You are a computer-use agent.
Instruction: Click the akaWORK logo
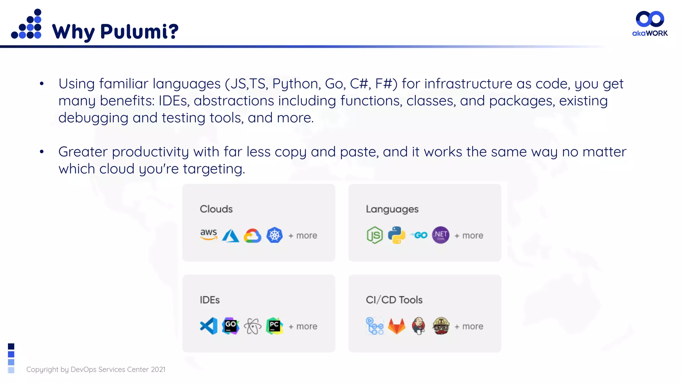pyautogui.click(x=650, y=23)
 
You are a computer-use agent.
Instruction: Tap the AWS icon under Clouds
pyautogui.click(x=208, y=235)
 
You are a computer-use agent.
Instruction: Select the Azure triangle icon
pyautogui.click(x=230, y=235)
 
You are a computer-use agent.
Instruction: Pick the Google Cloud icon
pyautogui.click(x=252, y=235)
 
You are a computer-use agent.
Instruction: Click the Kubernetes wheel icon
pyautogui.click(x=274, y=235)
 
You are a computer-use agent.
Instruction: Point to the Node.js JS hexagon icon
pyautogui.click(x=375, y=235)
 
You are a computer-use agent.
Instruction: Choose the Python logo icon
pyautogui.click(x=397, y=235)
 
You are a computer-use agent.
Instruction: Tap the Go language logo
pyautogui.click(x=419, y=235)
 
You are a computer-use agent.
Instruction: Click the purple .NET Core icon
pyautogui.click(x=441, y=235)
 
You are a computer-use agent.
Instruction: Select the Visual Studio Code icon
pyautogui.click(x=209, y=326)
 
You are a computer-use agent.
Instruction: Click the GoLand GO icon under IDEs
pyautogui.click(x=230, y=326)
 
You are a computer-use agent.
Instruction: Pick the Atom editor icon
pyautogui.click(x=252, y=326)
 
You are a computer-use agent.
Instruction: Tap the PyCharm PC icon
pyautogui.click(x=274, y=326)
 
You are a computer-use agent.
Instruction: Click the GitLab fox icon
pyautogui.click(x=397, y=326)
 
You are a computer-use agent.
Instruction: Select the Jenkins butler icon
pyautogui.click(x=419, y=326)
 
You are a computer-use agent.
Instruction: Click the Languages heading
pyautogui.click(x=392, y=209)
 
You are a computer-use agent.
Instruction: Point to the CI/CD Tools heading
pyautogui.click(x=394, y=300)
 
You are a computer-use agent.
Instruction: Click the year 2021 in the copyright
pyautogui.click(x=158, y=369)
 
